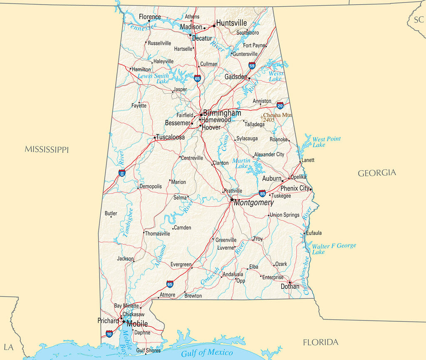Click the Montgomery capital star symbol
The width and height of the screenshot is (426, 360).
point(232,199)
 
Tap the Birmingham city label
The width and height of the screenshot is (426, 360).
point(222,113)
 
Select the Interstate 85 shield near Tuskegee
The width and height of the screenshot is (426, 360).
point(262,193)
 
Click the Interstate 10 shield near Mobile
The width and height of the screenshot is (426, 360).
point(109,333)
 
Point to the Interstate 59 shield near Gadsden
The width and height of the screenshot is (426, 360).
point(252,65)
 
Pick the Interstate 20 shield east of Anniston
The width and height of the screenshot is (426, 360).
point(280,105)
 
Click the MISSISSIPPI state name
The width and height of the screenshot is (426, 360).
point(47,149)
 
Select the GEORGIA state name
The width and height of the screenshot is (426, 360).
point(377,173)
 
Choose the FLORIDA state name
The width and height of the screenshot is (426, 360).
point(320,343)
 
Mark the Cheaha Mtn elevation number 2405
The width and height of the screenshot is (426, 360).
point(268,120)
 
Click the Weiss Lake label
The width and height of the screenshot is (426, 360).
point(275,76)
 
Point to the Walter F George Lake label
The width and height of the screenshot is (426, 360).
point(334,248)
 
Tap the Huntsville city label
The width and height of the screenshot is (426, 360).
point(231,23)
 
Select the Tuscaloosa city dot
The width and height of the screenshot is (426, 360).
point(155,137)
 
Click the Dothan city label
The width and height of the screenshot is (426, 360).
point(290,286)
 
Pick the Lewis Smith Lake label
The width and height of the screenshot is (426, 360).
point(154,78)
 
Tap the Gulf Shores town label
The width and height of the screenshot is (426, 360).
point(149,350)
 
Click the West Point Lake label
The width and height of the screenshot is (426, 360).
point(326,142)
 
